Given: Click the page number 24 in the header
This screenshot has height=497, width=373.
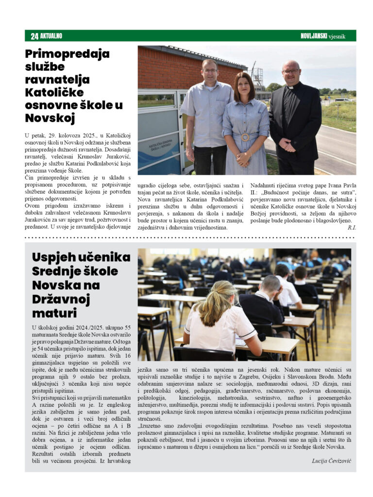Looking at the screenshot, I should pos(34,36).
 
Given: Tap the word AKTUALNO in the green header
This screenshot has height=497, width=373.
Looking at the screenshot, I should pos(51,36).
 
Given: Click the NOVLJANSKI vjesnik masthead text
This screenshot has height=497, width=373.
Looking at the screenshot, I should pos(323,36).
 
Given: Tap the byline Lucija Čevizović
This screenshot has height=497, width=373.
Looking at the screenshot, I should pos(331,460).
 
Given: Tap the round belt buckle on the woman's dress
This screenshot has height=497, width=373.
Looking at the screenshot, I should pos(245,137).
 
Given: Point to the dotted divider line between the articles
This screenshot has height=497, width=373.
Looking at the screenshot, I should pos(189,238).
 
